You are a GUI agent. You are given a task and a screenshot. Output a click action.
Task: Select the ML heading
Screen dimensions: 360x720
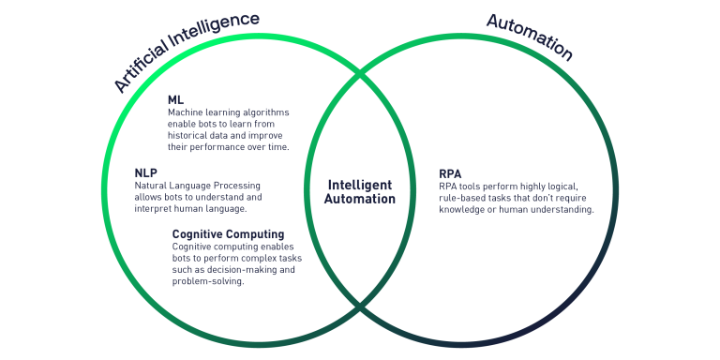pyautogui.click(x=175, y=99)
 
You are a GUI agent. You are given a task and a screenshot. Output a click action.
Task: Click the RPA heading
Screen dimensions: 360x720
pyautogui.click(x=450, y=173)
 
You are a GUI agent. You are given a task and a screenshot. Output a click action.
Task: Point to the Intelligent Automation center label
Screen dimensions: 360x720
pyautogui.click(x=360, y=191)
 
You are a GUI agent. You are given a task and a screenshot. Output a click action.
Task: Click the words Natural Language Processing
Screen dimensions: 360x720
pyautogui.click(x=197, y=186)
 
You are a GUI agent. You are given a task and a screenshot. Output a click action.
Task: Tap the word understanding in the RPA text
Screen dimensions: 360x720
pyautogui.click(x=561, y=210)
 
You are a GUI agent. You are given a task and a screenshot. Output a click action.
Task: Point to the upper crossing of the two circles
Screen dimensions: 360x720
pyautogui.click(x=360, y=74)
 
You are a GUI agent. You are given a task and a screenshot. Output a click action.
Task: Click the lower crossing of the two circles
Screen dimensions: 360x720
pyautogui.click(x=360, y=308)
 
